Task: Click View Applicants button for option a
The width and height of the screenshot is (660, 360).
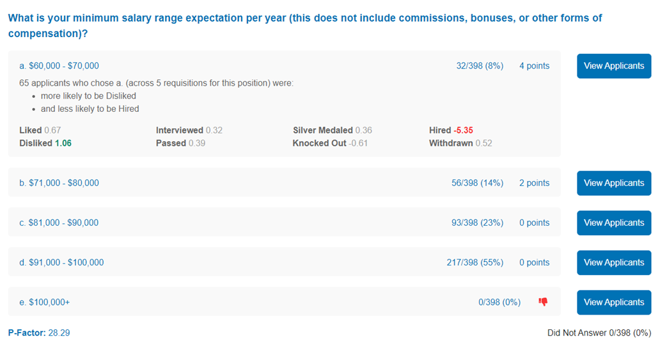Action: coord(614,66)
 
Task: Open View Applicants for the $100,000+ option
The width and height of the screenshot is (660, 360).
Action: coord(614,302)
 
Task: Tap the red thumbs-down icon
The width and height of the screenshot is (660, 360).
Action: coord(543,302)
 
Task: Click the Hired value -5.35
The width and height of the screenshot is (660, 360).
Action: coord(463,130)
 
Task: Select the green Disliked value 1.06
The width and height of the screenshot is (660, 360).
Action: coord(63,143)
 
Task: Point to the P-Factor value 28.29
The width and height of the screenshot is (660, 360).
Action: coord(59,333)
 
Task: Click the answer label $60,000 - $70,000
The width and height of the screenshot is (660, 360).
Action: coord(64,66)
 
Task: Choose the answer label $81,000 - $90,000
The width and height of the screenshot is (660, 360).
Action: coord(63,223)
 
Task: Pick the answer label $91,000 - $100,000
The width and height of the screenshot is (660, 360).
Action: coord(66,262)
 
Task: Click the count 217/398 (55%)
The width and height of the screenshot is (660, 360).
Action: coord(475,262)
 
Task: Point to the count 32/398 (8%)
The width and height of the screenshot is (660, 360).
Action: coord(480,66)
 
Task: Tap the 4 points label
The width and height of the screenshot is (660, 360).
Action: coord(534,66)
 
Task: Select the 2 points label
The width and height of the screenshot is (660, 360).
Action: coord(534,183)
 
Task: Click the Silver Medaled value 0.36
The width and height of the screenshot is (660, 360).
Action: coord(364,130)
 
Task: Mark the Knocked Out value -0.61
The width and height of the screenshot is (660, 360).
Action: coord(358,143)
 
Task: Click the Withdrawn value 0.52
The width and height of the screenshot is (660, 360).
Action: coord(484,143)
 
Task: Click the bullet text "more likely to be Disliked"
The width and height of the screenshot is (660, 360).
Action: coord(88,95)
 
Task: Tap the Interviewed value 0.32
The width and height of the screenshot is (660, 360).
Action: coord(214,130)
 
